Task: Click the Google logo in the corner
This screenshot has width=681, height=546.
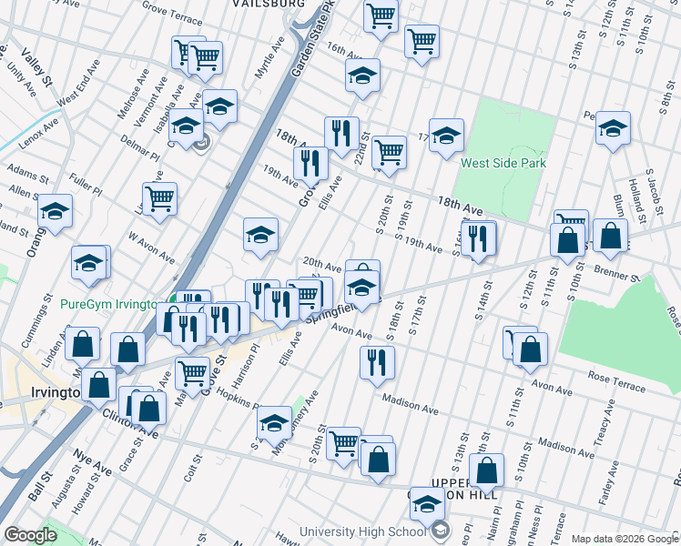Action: click(x=30, y=535)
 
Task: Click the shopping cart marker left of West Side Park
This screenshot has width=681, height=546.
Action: click(x=389, y=151)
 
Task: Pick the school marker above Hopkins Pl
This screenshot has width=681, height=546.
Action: click(x=274, y=422)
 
